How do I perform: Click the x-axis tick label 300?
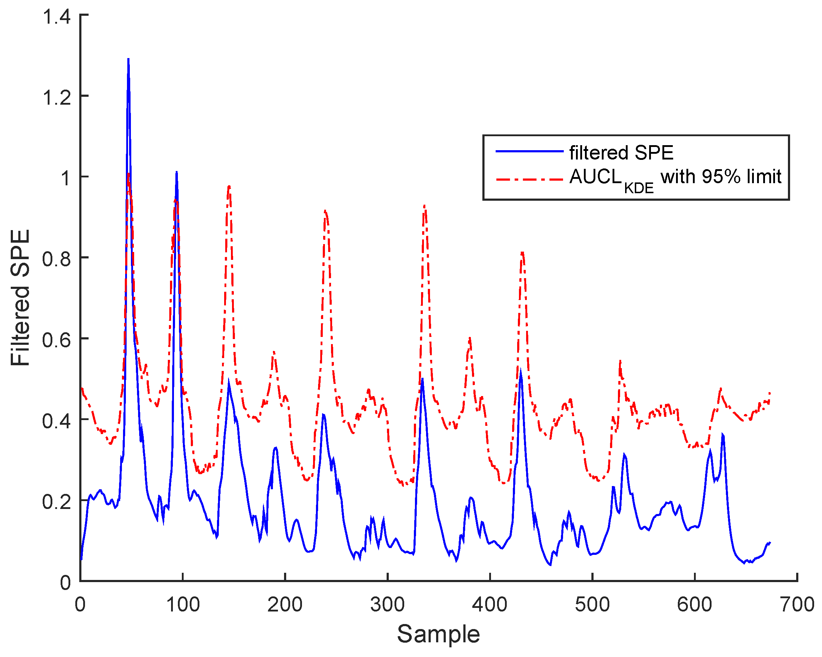pyautogui.click(x=387, y=605)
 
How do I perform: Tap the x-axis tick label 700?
pyautogui.click(x=797, y=605)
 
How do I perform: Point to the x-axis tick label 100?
pyautogui.click(x=183, y=605)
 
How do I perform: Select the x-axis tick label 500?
pyautogui.click(x=592, y=605)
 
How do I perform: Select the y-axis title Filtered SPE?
pyautogui.click(x=20, y=297)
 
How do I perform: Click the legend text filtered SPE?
pyautogui.click(x=621, y=153)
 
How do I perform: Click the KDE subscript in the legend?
pyautogui.click(x=639, y=188)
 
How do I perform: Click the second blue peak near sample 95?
pyautogui.click(x=176, y=173)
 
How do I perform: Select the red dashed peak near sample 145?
pyautogui.click(x=229, y=186)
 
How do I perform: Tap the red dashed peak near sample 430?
pyautogui.click(x=522, y=253)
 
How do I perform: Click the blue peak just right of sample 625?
pyautogui.click(x=723, y=434)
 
